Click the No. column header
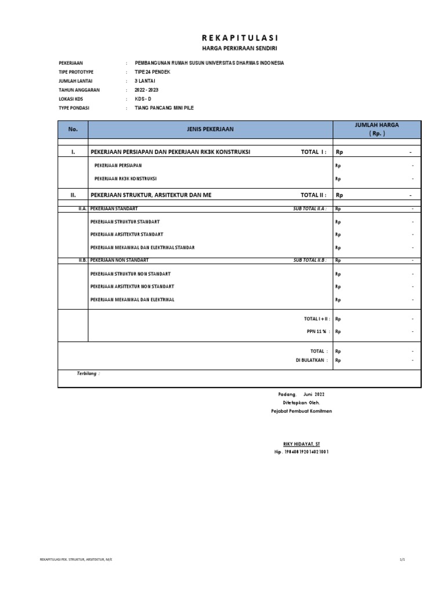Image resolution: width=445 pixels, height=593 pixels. pos(72,129)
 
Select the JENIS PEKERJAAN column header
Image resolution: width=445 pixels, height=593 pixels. pos(210,129)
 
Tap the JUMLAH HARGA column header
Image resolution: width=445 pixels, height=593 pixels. pos(377,129)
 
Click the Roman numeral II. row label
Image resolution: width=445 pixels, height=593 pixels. pos(73,196)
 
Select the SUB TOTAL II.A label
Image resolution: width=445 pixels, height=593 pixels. pos(310,208)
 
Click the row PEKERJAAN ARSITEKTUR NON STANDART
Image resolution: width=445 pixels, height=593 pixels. pos(132,287)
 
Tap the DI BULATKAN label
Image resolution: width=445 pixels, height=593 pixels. pos(312,360)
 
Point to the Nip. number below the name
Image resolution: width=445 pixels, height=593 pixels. pos(301,452)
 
